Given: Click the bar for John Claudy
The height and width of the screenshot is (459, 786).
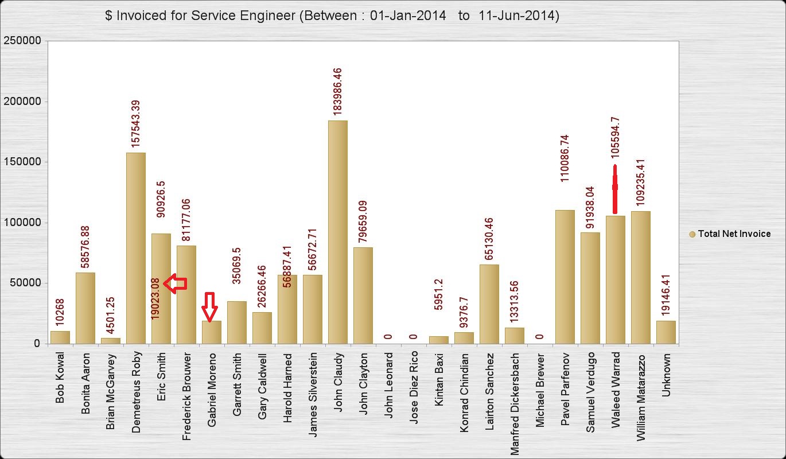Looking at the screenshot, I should coord(337,232).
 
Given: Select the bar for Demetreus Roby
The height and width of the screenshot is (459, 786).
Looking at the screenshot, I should coord(135,248).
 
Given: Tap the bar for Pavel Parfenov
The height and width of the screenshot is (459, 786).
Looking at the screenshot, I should coord(565,277).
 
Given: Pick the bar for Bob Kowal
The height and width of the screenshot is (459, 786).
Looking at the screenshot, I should coord(60,337).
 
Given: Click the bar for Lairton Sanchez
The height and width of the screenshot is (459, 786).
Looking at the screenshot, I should coord(489,304).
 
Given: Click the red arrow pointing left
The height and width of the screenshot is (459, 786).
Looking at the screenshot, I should coord(176,283).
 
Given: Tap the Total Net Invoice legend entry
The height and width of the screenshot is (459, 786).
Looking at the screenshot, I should coord(729,234).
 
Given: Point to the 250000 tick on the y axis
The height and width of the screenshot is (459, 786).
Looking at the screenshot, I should coord(22,41).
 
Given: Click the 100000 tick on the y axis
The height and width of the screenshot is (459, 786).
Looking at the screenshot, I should coord(22,223).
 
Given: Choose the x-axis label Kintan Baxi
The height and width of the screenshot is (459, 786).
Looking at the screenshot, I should coord(439,379).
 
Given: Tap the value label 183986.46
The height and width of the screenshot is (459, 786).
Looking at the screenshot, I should coord(337,92).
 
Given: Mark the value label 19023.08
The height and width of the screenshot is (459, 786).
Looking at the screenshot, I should coord(155,298).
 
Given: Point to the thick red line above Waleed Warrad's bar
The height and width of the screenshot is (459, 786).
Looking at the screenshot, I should coord(615,188).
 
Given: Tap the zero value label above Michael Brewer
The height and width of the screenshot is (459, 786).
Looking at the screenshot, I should coord(540,337).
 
